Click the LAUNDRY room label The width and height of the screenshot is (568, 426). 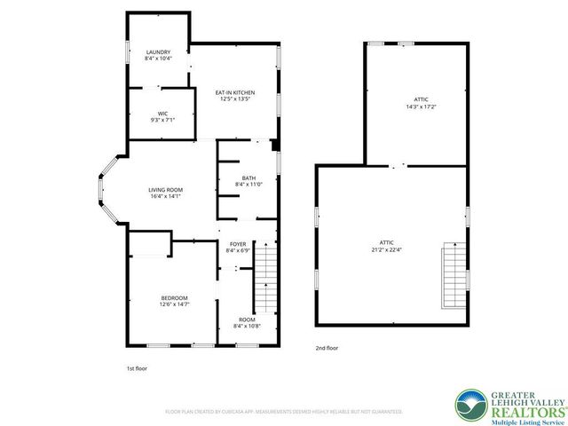point(158,52)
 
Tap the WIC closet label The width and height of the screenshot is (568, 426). point(163,113)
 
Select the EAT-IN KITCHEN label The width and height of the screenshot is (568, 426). point(236,92)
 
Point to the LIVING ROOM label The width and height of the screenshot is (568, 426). point(165,190)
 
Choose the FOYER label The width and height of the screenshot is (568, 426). point(238,244)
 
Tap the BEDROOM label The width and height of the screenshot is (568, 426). point(174,297)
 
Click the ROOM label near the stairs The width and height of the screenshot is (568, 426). point(246,319)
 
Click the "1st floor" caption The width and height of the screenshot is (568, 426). point(137,367)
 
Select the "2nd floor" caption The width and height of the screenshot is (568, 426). point(327,348)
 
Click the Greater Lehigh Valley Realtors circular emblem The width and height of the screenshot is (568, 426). point(469,404)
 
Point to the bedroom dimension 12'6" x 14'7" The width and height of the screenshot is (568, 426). point(174,304)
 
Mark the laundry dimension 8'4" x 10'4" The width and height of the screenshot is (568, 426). point(158,59)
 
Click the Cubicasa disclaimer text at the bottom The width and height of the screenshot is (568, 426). point(284,412)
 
